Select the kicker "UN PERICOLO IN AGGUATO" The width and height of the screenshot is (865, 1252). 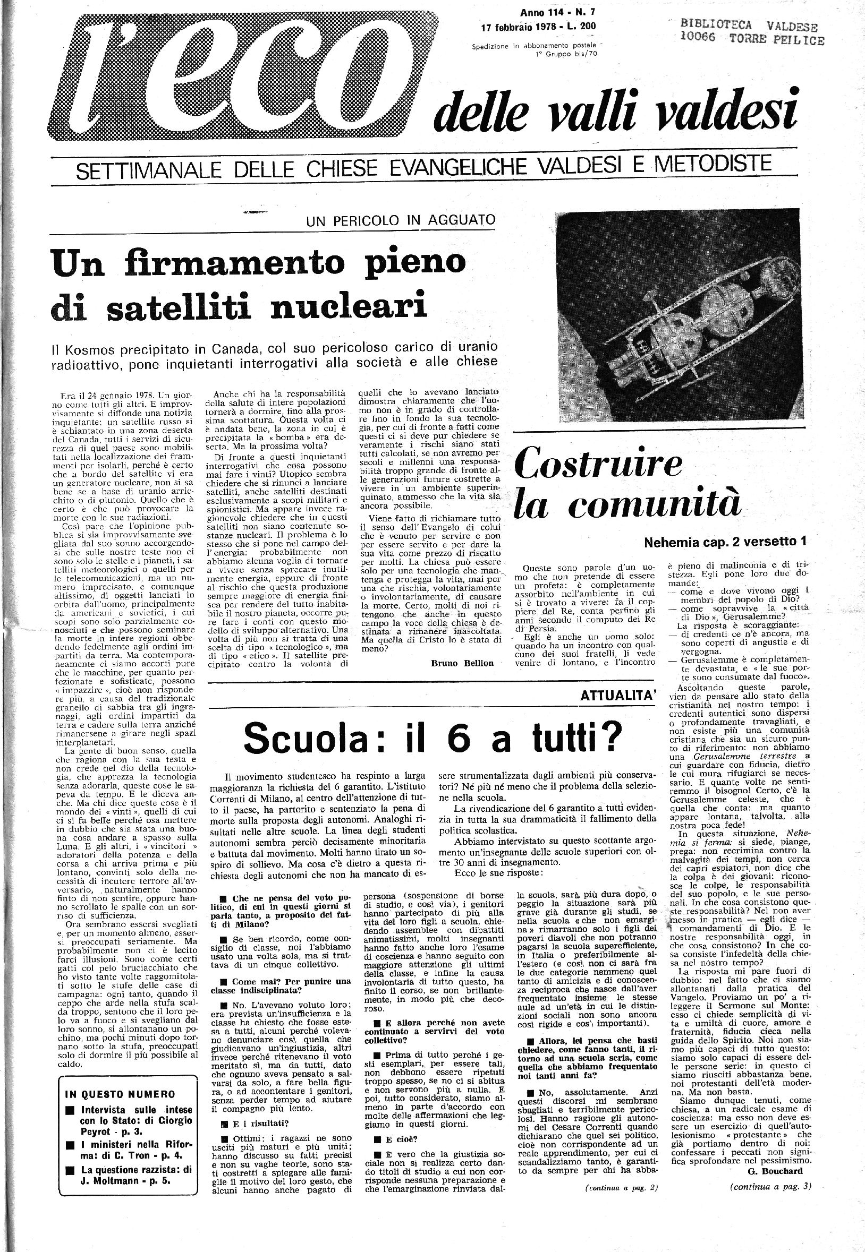(400, 220)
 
